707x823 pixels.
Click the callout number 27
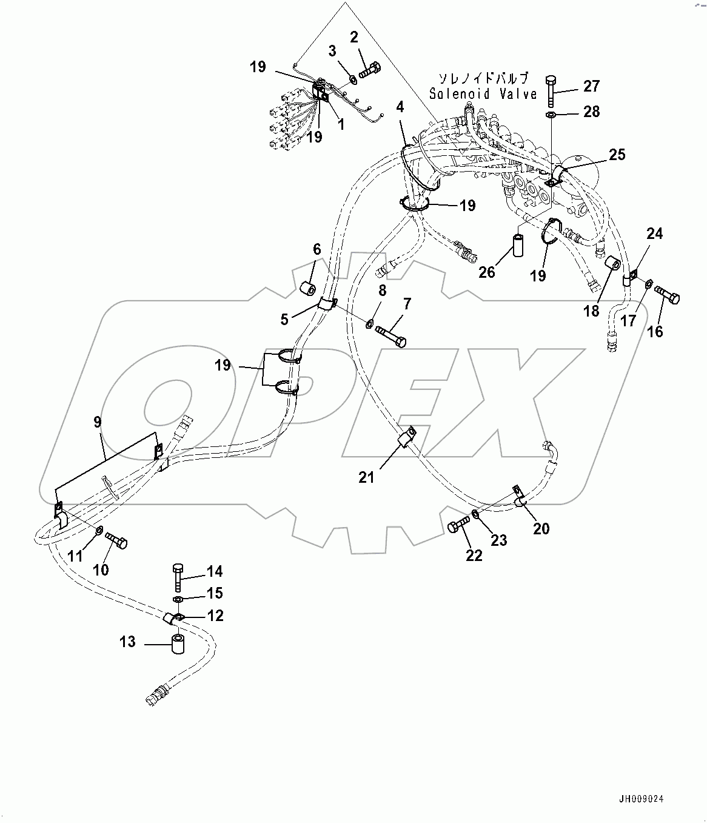click(x=591, y=86)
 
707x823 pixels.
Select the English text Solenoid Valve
click(x=483, y=94)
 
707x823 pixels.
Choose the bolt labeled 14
click(x=178, y=577)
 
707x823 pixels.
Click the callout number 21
click(x=366, y=478)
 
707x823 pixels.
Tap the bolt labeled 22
click(x=459, y=526)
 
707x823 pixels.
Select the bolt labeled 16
click(x=669, y=297)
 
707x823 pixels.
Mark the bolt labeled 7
click(x=391, y=334)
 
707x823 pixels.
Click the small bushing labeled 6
click(x=309, y=287)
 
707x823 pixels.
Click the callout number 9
click(x=98, y=422)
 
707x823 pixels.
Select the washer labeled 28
click(x=551, y=115)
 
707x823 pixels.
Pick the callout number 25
click(x=617, y=155)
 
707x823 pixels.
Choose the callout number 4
click(x=400, y=107)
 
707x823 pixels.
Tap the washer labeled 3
click(x=353, y=79)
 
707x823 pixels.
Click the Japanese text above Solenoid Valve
click(x=483, y=79)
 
